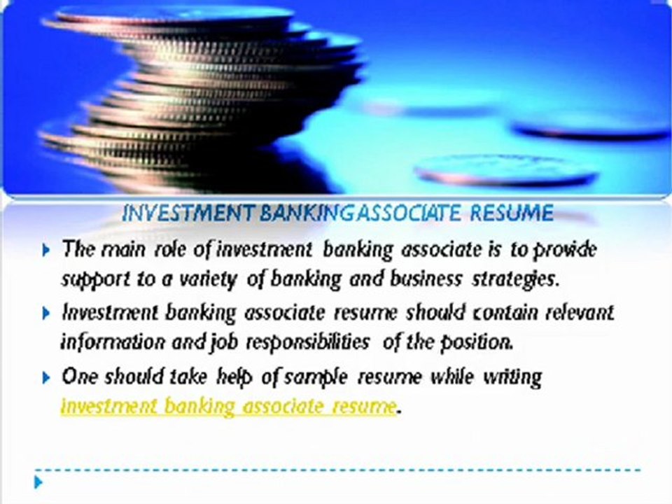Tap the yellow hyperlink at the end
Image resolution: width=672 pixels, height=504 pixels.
[228, 406]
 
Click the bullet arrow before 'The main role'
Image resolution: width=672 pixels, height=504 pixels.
[46, 251]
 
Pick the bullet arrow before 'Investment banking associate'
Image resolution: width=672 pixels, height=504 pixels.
[46, 314]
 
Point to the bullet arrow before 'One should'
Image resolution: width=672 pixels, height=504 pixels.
[46, 377]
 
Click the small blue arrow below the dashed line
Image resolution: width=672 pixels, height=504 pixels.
[38, 482]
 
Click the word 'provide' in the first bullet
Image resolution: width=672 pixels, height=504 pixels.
[565, 249]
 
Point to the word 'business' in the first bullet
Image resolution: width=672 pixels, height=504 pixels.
[426, 279]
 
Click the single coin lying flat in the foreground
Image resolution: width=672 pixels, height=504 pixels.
[505, 170]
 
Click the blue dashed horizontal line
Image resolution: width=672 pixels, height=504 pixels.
[337, 470]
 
